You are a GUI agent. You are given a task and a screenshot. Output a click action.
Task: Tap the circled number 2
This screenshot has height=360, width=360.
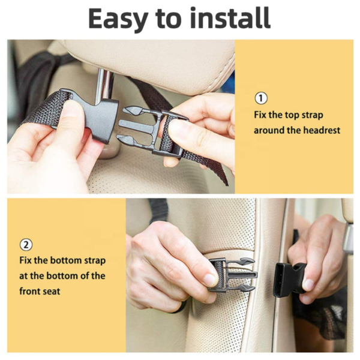[26, 245]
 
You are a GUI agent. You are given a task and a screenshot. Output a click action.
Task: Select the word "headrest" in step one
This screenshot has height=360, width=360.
[321, 130]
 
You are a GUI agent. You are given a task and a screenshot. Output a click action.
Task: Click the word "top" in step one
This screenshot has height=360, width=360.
[290, 114]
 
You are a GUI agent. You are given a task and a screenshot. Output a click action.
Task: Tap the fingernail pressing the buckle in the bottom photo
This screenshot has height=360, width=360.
[209, 280]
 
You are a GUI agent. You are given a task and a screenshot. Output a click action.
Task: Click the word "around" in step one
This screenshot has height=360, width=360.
[268, 130]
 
